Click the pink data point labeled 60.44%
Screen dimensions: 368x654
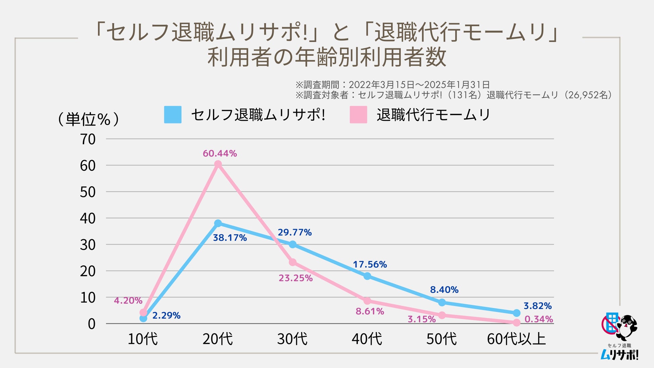218,164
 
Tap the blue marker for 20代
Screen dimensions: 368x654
218,223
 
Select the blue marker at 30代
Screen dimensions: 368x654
293,244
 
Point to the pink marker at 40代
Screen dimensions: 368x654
367,301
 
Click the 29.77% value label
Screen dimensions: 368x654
294,232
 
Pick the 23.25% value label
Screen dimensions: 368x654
295,278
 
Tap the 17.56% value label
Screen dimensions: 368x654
370,265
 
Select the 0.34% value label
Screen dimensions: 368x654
539,319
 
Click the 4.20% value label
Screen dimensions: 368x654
128,301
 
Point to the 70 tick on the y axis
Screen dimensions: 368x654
88,140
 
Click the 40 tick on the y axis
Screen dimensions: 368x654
88,219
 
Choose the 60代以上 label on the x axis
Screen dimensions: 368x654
516,339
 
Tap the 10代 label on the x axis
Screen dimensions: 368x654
143,339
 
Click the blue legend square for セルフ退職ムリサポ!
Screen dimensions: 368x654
173,115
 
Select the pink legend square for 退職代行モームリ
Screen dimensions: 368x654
358,115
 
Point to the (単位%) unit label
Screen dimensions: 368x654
88,119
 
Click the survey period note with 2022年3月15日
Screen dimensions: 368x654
392,85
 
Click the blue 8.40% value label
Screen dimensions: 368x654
444,290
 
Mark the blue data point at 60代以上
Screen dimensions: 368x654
516,313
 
